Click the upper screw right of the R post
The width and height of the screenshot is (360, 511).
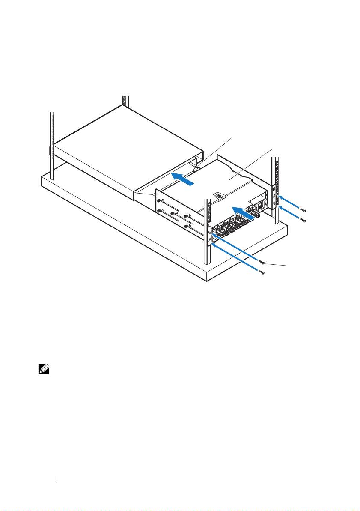[x=303, y=210]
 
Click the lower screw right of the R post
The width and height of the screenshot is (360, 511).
[x=303, y=220]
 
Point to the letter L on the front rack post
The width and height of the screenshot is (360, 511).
[x=209, y=224]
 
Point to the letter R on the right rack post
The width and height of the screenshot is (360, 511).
[x=274, y=188]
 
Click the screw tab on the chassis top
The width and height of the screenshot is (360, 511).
[x=220, y=196]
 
